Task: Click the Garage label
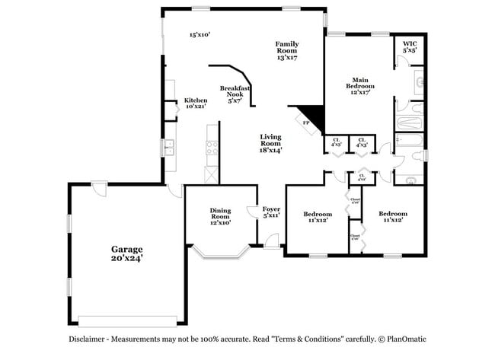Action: click(x=127, y=249)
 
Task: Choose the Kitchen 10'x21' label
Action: click(x=196, y=104)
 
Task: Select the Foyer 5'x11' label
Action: click(x=271, y=212)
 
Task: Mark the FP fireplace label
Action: click(x=306, y=123)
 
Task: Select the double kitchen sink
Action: click(x=171, y=148)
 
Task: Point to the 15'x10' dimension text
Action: click(x=200, y=34)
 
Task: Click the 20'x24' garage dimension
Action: click(x=127, y=259)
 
